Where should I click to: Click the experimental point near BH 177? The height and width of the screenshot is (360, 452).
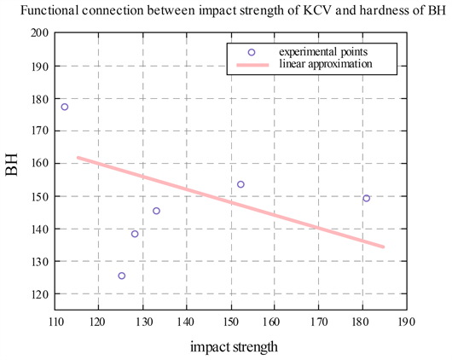click(x=64, y=107)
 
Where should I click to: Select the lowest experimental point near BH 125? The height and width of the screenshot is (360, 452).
click(x=121, y=276)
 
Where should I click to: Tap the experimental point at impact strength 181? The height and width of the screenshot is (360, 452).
click(x=367, y=198)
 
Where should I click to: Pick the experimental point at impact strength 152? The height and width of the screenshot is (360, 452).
click(x=240, y=184)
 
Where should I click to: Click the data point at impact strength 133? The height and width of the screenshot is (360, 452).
click(x=156, y=211)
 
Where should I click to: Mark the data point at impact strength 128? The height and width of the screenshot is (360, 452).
click(x=135, y=234)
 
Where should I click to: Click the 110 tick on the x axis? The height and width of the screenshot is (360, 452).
click(x=55, y=321)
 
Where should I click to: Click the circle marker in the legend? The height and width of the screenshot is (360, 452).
click(x=252, y=52)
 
